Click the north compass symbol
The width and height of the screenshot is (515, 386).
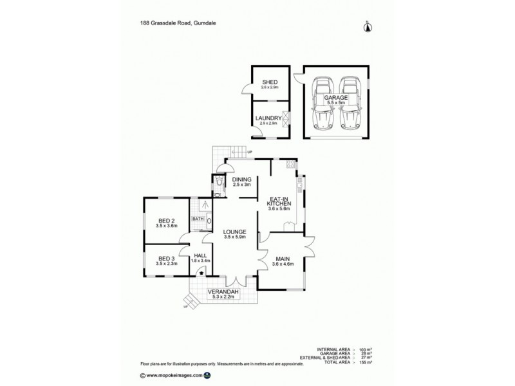[367, 26]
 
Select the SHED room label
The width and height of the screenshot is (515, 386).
[270, 82]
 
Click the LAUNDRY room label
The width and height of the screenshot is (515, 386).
[268, 118]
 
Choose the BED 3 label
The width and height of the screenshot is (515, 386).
[166, 259]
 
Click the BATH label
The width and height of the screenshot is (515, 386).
[198, 219]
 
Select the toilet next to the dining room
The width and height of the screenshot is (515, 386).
[220, 183]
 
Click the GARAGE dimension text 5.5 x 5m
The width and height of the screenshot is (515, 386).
[335, 102]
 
